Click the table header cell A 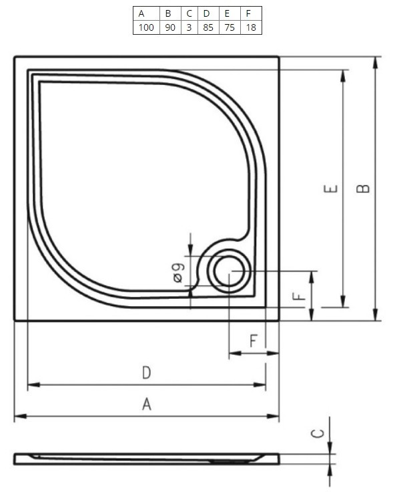(146, 13)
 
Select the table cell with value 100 (146, 27)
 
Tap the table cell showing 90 (170, 27)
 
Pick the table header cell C (189, 13)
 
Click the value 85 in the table (208, 27)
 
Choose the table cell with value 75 (230, 27)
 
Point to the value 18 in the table (251, 27)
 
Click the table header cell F (251, 13)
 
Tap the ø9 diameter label (179, 273)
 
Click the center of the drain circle (229, 271)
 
